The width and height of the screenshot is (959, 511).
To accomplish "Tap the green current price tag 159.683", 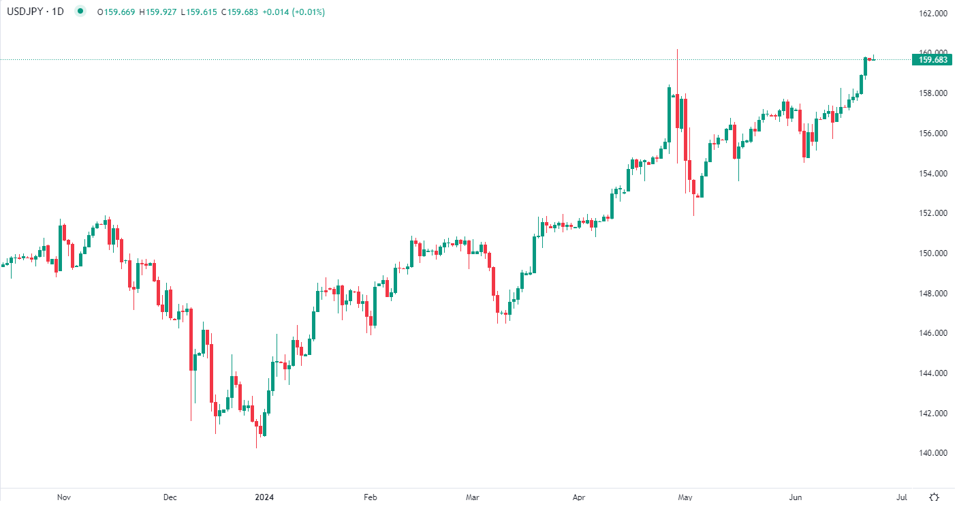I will (933, 60).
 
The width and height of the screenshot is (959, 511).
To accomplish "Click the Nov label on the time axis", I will (64, 498).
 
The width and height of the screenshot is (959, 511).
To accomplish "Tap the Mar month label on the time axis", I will (473, 498).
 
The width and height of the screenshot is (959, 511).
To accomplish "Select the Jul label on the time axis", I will (902, 498).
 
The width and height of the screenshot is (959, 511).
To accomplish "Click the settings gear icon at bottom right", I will (934, 498).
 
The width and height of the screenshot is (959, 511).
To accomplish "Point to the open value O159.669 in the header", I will (116, 12).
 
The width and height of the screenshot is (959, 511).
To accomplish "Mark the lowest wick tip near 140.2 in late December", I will (256, 448).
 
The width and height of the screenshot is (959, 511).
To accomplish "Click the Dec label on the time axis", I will (170, 498).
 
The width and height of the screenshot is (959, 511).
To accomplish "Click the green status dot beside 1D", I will (81, 12).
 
